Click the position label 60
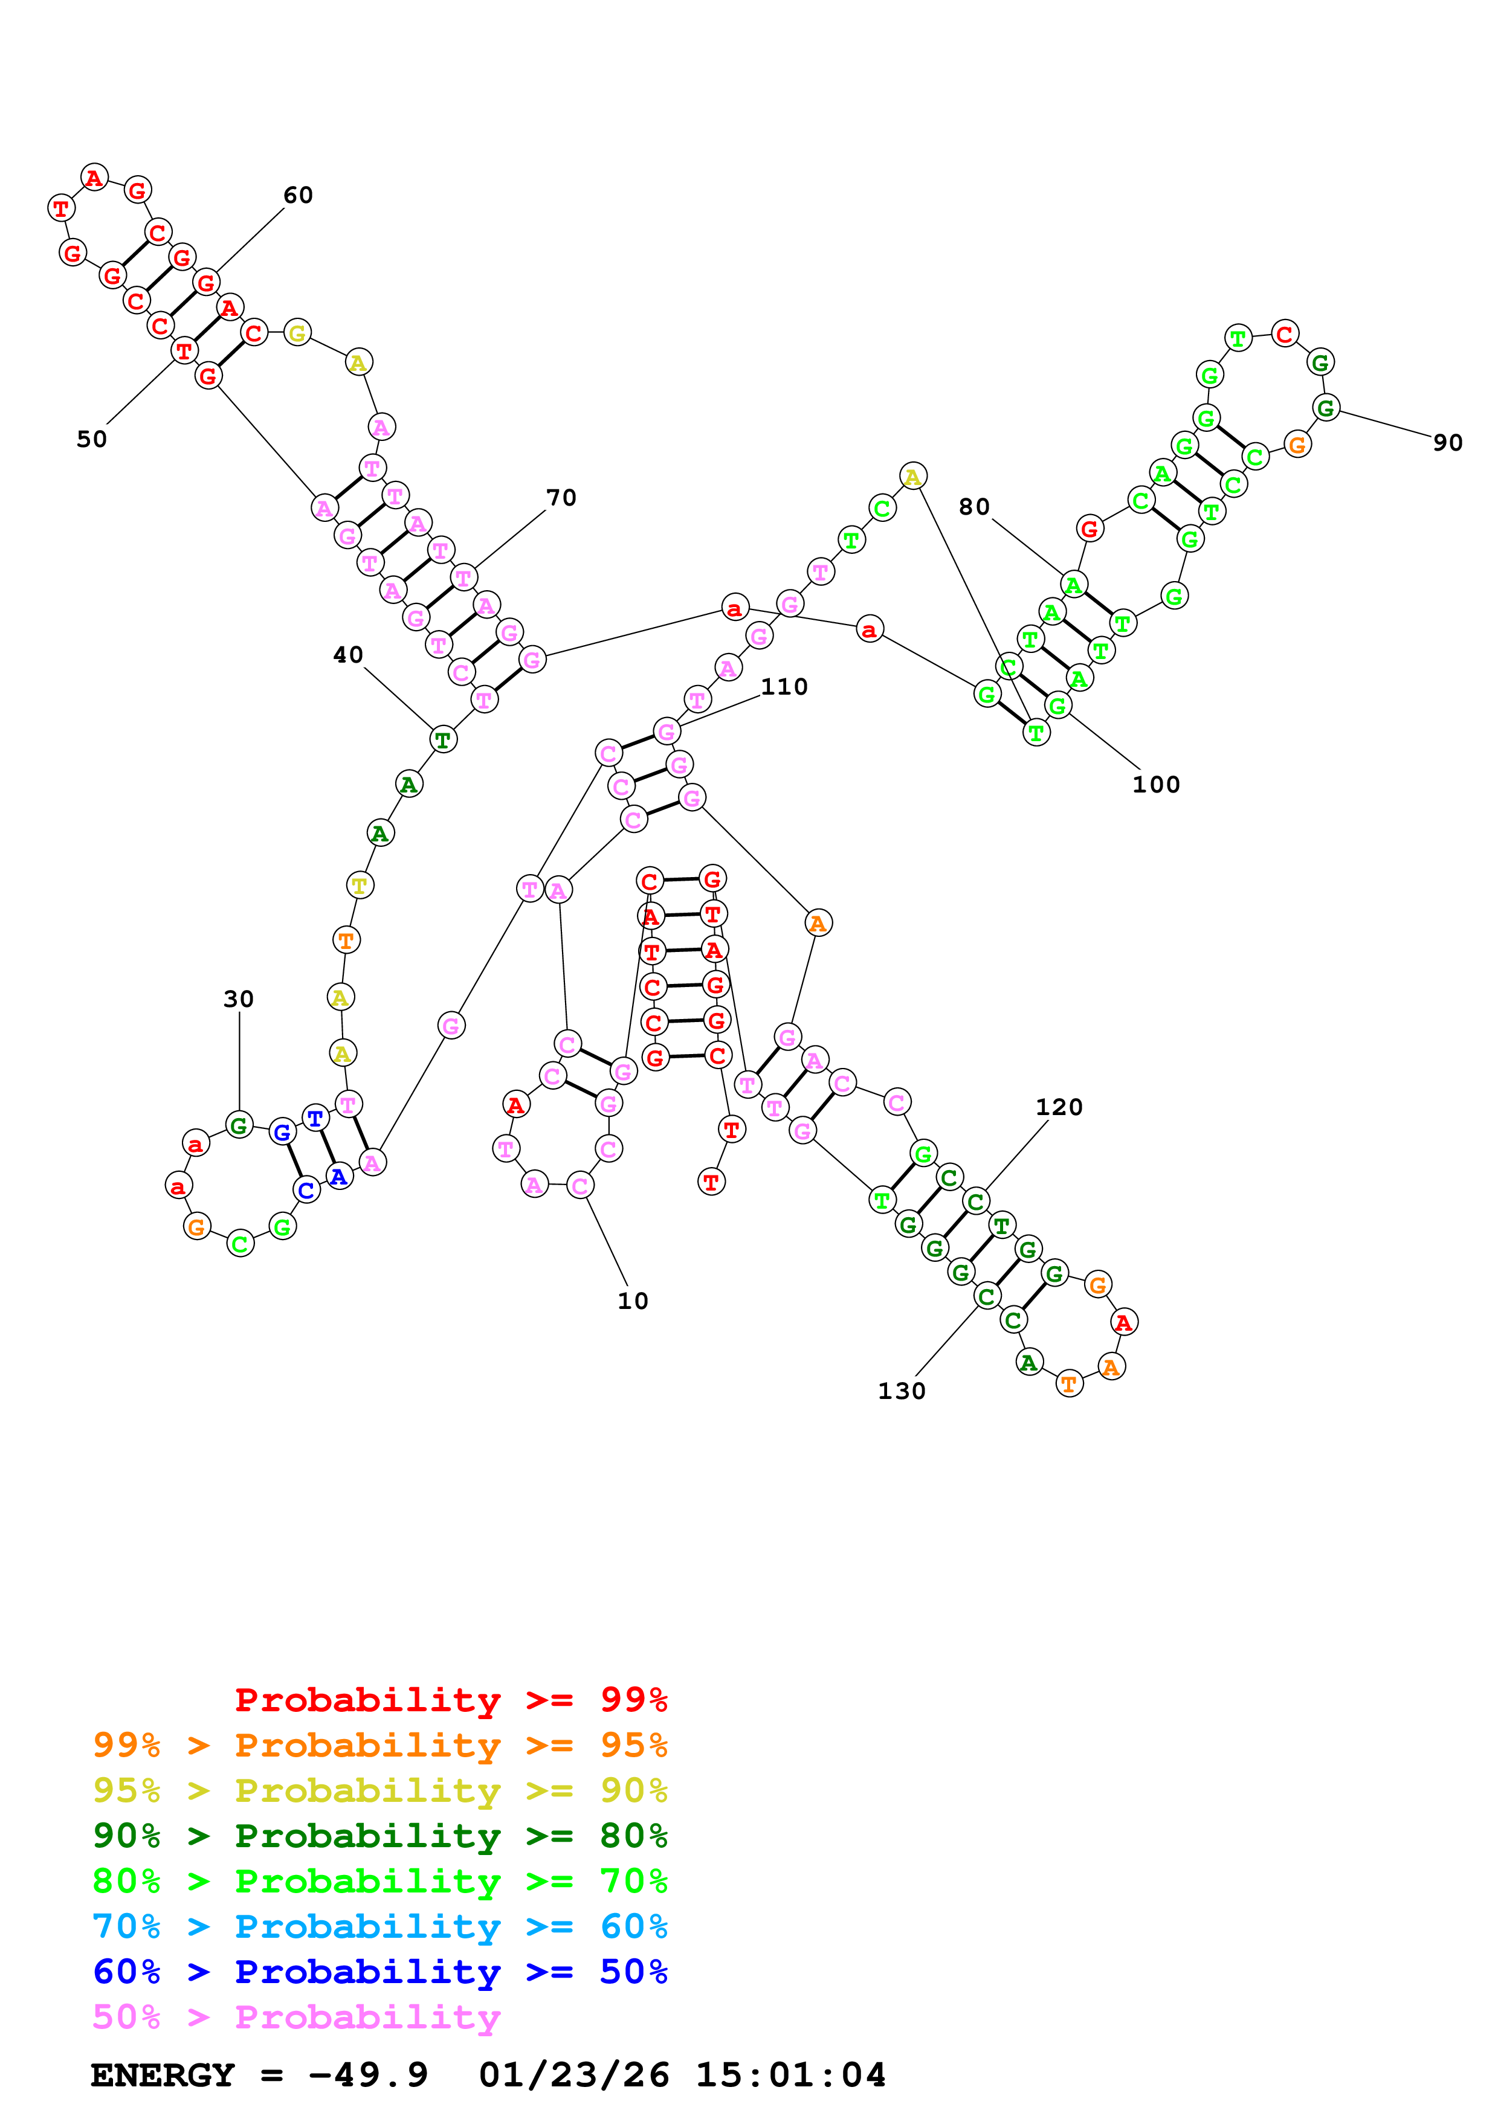click(x=297, y=196)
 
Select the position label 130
click(x=901, y=1391)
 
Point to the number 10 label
click(x=632, y=1301)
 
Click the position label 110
click(x=784, y=687)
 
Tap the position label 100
click(x=1155, y=785)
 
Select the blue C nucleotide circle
click(x=306, y=1191)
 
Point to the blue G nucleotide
click(x=282, y=1131)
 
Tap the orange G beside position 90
click(x=1297, y=445)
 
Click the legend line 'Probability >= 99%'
click(x=450, y=1700)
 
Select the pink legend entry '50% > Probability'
click(x=295, y=2018)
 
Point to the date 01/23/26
click(x=573, y=2076)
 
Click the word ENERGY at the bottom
click(x=163, y=2076)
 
